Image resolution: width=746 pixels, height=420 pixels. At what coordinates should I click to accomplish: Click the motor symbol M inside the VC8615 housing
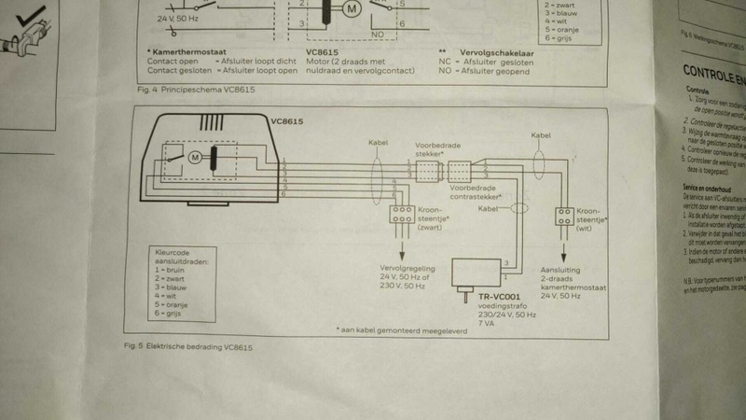[x=196, y=157]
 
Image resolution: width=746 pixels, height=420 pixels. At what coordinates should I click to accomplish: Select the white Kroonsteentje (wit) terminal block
[x=563, y=217]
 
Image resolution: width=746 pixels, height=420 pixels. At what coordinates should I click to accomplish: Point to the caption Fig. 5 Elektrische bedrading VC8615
[x=197, y=347]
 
